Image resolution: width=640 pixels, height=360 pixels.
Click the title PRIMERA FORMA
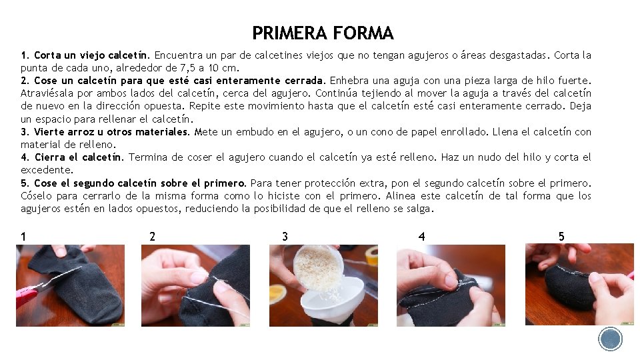click(323, 33)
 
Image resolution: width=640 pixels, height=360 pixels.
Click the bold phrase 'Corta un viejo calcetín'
click(90, 55)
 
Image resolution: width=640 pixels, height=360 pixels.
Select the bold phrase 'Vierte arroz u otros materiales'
click(111, 132)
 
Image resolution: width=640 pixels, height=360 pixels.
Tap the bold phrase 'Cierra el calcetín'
click(78, 157)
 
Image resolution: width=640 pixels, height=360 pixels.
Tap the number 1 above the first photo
click(23, 236)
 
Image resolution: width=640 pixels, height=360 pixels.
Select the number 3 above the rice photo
click(285, 236)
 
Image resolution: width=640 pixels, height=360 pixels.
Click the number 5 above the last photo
click(561, 236)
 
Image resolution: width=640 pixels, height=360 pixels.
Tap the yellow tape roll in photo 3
click(372, 255)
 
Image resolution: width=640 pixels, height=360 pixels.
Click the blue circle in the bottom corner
click(610, 339)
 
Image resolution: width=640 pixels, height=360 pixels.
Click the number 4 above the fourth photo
click(421, 236)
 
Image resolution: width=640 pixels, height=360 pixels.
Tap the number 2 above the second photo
click(152, 236)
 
